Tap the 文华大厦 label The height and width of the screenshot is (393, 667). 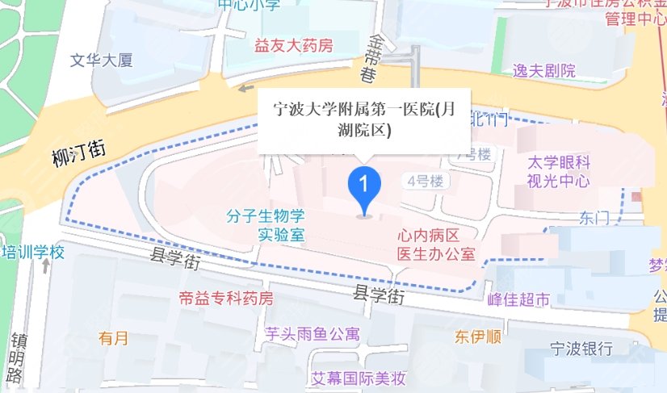click(x=101, y=60)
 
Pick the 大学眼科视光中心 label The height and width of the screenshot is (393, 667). click(x=557, y=170)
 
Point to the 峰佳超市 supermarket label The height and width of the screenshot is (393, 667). click(x=518, y=299)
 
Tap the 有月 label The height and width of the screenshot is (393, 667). click(x=113, y=338)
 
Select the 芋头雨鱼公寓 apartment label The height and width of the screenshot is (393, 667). click(x=313, y=333)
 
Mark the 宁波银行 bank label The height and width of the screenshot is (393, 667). click(x=580, y=349)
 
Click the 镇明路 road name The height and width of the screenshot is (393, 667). click(x=15, y=357)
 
